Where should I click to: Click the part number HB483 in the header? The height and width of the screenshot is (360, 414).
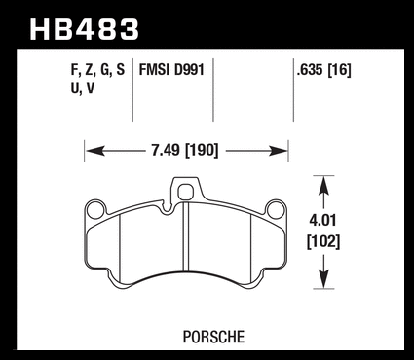click(x=84, y=29)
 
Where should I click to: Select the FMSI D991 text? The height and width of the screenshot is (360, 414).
click(x=171, y=70)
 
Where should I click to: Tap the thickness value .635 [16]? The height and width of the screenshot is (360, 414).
click(x=323, y=70)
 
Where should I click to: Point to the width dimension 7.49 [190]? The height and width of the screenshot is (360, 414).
click(x=185, y=151)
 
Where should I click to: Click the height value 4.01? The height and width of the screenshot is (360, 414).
click(x=323, y=221)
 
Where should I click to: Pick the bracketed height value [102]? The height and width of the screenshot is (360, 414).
click(x=323, y=242)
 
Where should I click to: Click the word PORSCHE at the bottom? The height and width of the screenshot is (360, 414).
click(x=213, y=337)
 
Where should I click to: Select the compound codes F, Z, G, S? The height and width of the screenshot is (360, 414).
click(x=97, y=70)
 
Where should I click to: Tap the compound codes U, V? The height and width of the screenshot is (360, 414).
click(x=83, y=89)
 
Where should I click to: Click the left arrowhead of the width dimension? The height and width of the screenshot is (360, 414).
click(x=95, y=151)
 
